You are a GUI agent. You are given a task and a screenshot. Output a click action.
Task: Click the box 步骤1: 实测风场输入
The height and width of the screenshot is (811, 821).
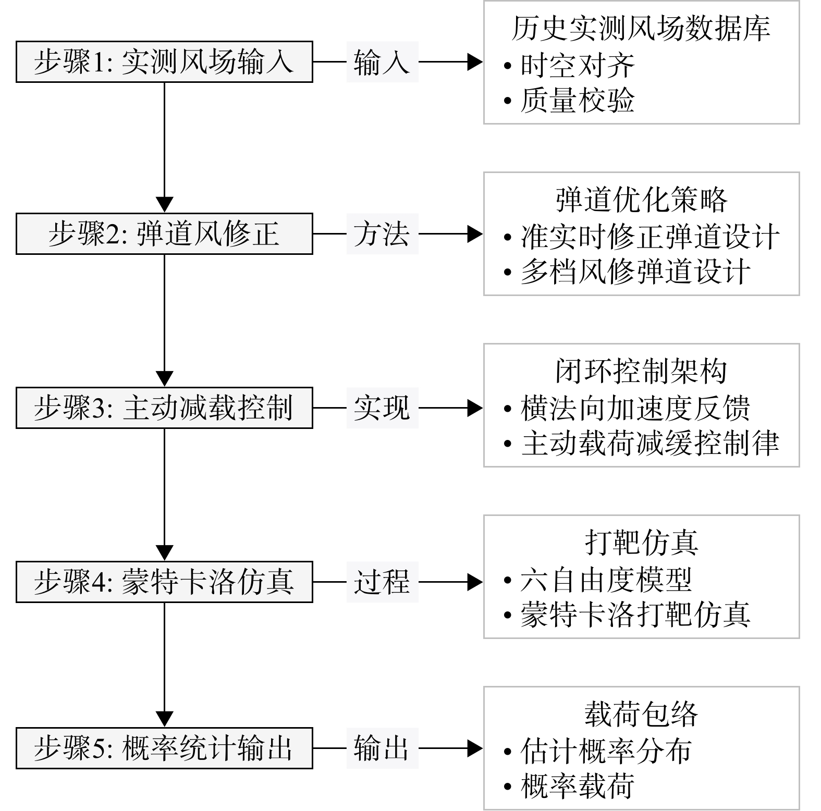[164, 62]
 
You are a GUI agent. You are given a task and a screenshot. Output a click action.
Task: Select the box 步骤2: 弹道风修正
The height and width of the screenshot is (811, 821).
[164, 234]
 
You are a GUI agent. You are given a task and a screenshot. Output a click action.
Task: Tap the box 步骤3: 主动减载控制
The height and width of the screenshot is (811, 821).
[164, 408]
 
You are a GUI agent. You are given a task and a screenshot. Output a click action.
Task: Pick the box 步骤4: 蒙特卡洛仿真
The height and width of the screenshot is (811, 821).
[164, 582]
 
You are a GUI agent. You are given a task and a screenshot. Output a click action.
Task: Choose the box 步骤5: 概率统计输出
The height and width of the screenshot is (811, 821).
[164, 748]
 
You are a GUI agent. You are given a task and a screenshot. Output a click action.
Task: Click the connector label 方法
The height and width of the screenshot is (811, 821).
[382, 234]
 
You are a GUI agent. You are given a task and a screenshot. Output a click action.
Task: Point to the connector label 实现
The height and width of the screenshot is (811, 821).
[382, 408]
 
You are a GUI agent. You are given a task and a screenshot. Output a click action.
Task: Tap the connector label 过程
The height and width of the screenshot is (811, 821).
[382, 582]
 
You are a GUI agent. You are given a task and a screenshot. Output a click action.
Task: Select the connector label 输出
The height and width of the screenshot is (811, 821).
[382, 748]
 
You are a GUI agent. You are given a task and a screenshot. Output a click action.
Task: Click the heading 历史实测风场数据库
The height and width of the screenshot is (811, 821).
[641, 28]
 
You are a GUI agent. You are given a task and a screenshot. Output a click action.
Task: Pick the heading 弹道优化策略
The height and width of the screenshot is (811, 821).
[641, 200]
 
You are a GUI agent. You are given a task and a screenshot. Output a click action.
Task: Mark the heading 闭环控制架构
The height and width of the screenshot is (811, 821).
[641, 371]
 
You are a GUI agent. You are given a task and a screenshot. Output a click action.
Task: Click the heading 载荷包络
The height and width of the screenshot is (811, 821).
[641, 714]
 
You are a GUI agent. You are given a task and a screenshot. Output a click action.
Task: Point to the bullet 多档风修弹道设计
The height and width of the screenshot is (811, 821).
[627, 272]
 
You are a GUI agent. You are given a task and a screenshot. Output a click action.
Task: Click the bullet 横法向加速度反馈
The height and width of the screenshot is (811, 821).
[627, 408]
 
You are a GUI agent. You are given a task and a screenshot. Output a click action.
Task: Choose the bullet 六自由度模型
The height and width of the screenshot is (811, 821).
[598, 580]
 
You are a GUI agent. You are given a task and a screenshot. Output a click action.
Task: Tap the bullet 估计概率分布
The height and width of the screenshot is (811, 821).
[598, 751]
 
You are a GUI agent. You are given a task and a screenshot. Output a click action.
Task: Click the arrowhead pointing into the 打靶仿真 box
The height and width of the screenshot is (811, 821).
[475, 582]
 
